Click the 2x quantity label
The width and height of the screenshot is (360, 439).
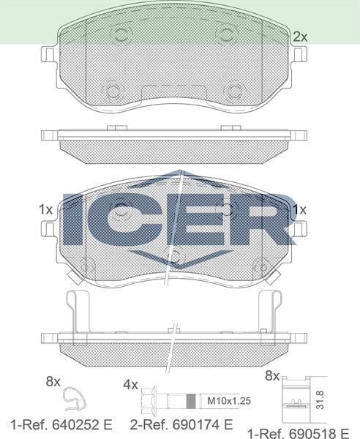tap(299, 36)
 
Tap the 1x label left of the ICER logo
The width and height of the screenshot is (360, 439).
tap(45, 209)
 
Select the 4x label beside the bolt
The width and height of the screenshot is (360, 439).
tap(130, 384)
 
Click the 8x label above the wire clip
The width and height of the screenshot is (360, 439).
tap(53, 381)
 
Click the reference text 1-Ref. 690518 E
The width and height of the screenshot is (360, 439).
tap(297, 432)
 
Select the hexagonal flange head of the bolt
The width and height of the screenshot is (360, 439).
tap(156, 400)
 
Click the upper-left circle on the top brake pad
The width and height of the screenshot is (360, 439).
tap(119, 35)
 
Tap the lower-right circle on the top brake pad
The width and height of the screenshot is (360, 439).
tap(234, 91)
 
